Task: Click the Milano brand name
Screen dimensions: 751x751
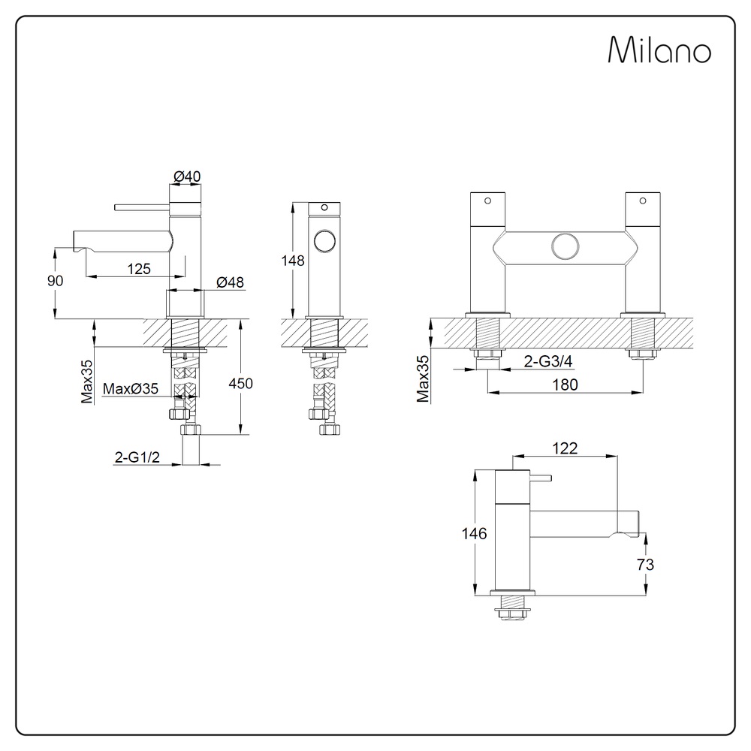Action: (x=659, y=50)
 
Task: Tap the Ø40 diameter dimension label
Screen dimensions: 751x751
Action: (x=187, y=176)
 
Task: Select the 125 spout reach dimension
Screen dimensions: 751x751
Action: (x=139, y=269)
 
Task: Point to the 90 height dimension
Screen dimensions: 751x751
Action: (x=55, y=281)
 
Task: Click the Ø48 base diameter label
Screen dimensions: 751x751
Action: (x=230, y=282)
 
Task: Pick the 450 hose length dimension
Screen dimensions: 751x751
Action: (x=240, y=383)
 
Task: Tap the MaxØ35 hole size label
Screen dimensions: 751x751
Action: (x=130, y=388)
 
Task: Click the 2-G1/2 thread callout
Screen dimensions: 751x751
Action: (x=137, y=457)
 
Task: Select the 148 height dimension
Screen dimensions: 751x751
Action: (x=293, y=261)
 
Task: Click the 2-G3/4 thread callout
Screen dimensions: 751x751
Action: (x=548, y=361)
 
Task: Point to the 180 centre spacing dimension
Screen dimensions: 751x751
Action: (x=566, y=385)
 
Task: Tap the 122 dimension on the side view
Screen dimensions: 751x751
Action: (x=565, y=448)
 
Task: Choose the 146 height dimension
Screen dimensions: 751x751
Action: (x=474, y=533)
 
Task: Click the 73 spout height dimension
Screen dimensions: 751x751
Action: (x=645, y=565)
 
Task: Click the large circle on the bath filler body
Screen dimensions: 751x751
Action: (x=566, y=247)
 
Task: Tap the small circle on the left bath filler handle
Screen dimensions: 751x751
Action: (x=487, y=201)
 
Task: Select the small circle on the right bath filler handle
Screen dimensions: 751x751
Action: (x=643, y=201)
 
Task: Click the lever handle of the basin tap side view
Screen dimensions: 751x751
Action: (x=142, y=207)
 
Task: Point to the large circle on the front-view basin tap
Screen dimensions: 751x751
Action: (x=324, y=241)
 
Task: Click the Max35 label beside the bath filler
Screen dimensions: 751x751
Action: (x=423, y=379)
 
